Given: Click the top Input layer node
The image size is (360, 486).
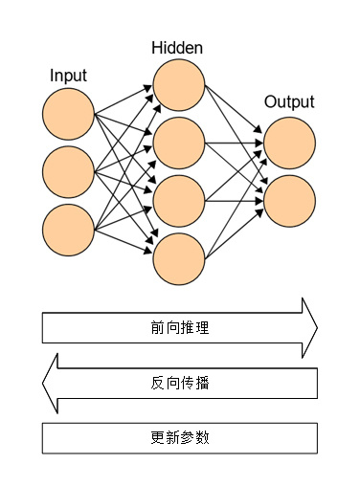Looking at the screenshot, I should click(x=68, y=113).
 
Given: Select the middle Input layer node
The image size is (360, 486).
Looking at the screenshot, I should click(x=68, y=171).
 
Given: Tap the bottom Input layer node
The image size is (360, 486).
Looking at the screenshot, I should click(x=68, y=231).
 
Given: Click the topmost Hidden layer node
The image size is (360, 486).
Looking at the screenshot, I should click(x=179, y=85).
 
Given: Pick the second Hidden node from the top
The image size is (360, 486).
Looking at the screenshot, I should click(x=179, y=143).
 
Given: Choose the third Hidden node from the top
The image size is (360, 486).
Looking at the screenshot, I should click(x=179, y=200).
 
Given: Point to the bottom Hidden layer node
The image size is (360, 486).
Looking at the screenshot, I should click(x=179, y=257).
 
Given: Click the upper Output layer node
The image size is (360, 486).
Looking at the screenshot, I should click(x=290, y=143).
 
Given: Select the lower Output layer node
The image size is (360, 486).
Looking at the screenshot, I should click(x=290, y=200).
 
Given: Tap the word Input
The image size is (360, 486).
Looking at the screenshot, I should click(x=68, y=75).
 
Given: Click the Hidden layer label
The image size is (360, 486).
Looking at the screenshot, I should click(x=177, y=47).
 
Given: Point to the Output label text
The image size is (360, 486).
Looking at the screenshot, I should click(x=289, y=102).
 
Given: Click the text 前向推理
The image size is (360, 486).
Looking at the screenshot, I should click(x=180, y=328).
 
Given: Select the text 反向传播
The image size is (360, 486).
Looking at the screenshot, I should click(x=180, y=384).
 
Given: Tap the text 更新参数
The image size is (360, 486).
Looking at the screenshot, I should click(x=180, y=437).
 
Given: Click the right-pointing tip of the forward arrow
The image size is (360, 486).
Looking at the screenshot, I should click(x=315, y=328).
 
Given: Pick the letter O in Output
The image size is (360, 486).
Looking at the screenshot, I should click(x=270, y=102).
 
